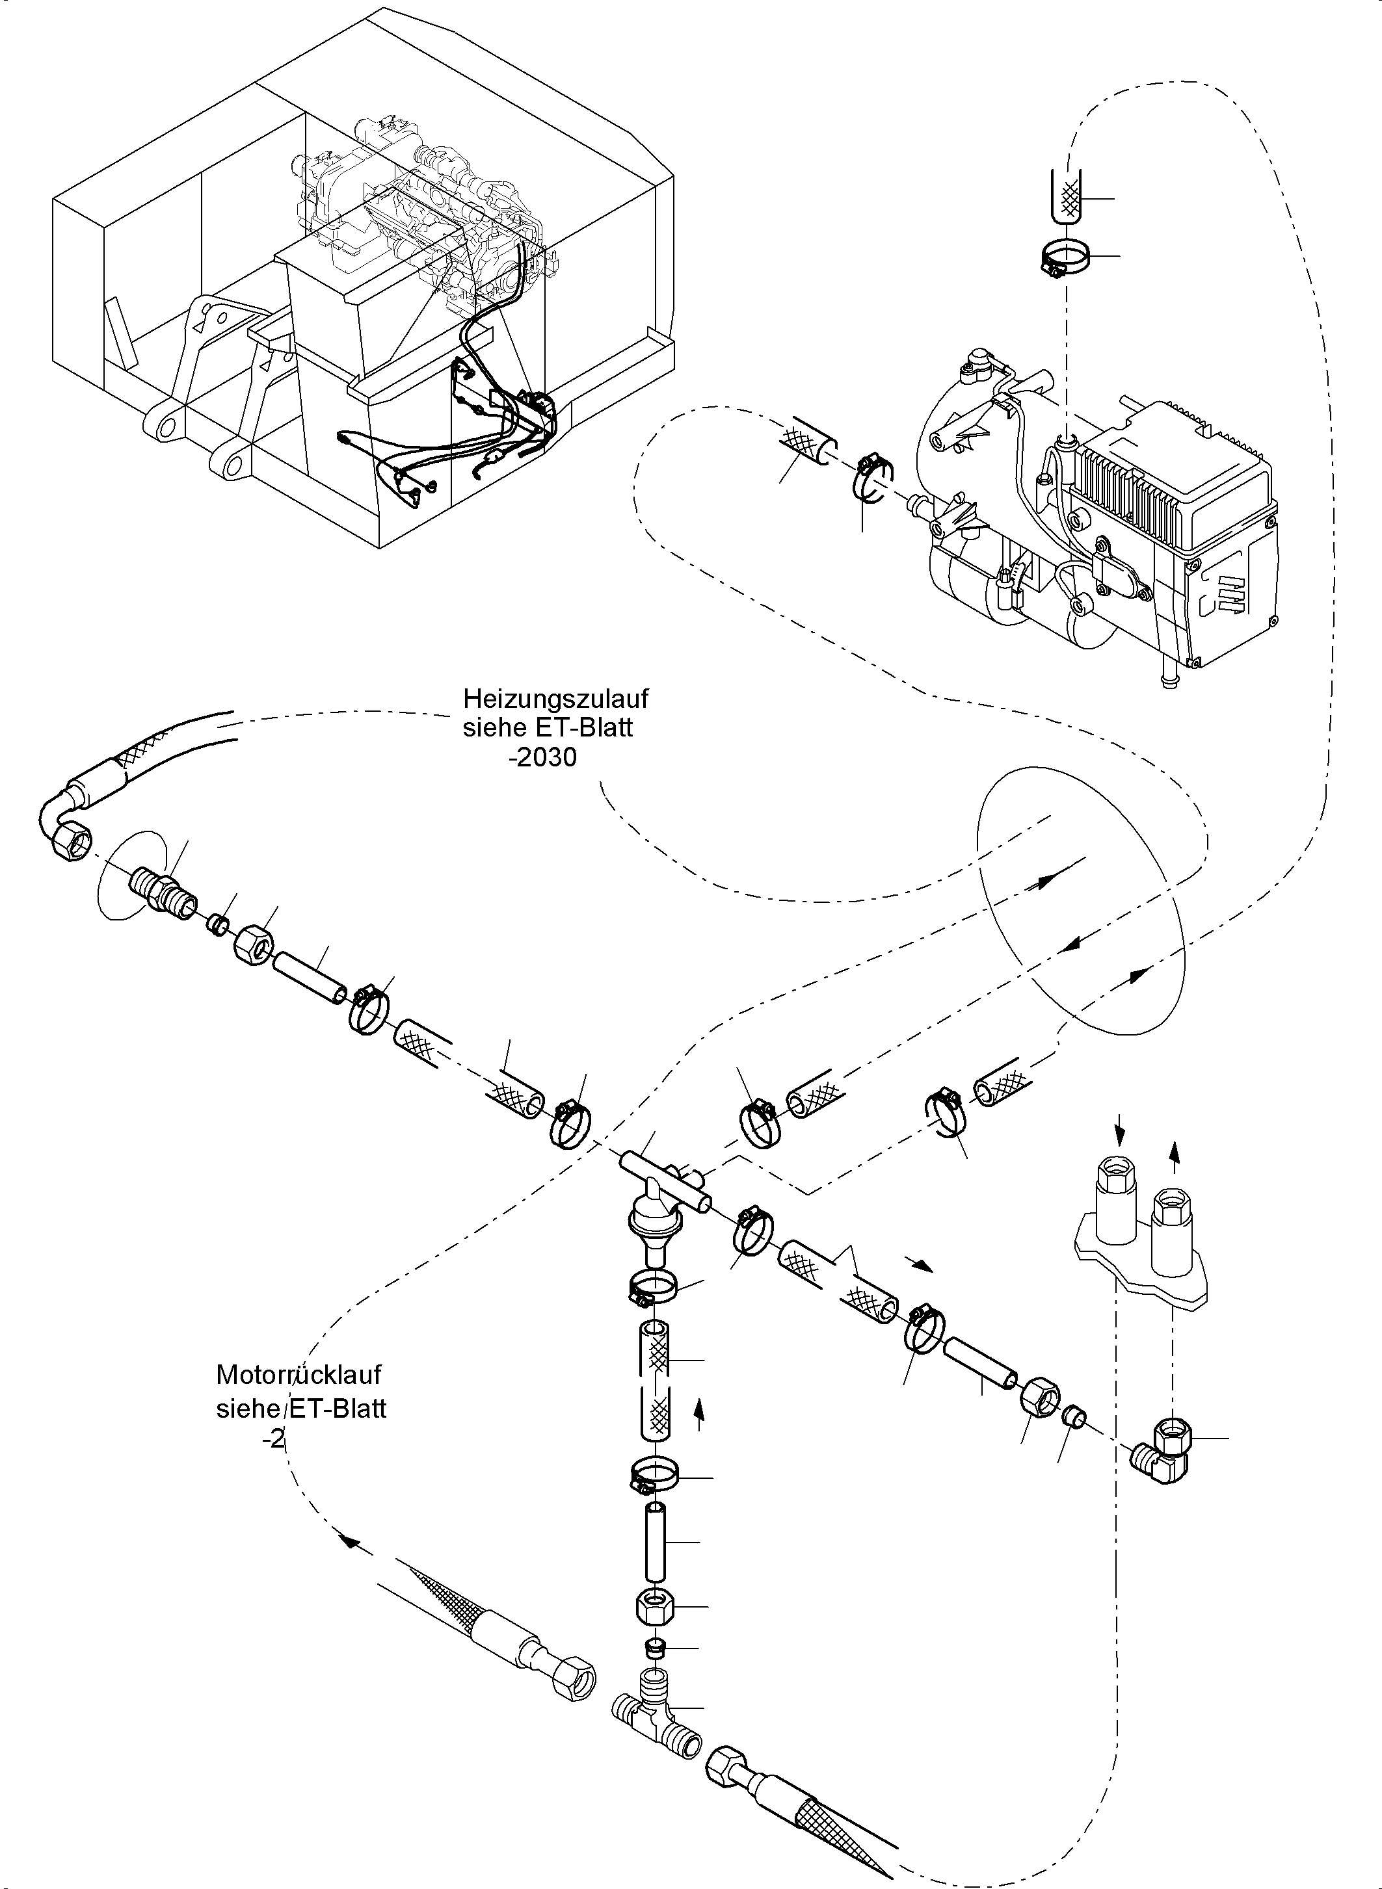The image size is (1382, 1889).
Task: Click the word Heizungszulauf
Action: (x=555, y=697)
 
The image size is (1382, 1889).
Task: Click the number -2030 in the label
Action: (x=542, y=757)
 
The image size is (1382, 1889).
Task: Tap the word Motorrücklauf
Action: (x=299, y=1375)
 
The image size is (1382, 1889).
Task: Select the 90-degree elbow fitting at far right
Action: (x=1163, y=1451)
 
